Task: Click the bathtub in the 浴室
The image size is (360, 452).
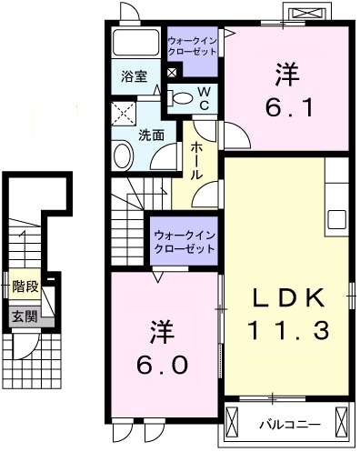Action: [x=135, y=45]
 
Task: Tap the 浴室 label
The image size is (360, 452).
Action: [x=134, y=77]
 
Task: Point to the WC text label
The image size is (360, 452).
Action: [x=204, y=98]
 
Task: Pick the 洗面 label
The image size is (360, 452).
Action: [x=151, y=135]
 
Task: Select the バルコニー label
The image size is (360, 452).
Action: [x=289, y=423]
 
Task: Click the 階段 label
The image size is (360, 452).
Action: [x=24, y=286]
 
